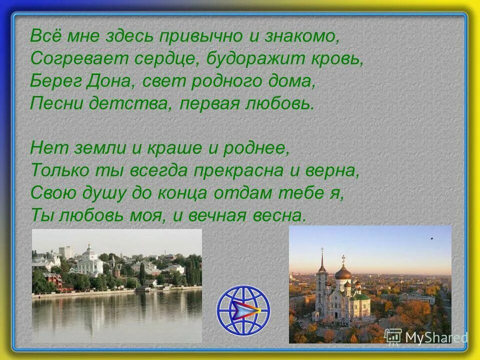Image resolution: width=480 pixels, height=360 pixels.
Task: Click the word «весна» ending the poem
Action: (x=284, y=215)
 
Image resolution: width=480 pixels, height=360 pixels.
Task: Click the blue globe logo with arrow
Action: (x=243, y=309)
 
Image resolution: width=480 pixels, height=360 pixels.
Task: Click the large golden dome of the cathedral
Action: (x=343, y=271)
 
